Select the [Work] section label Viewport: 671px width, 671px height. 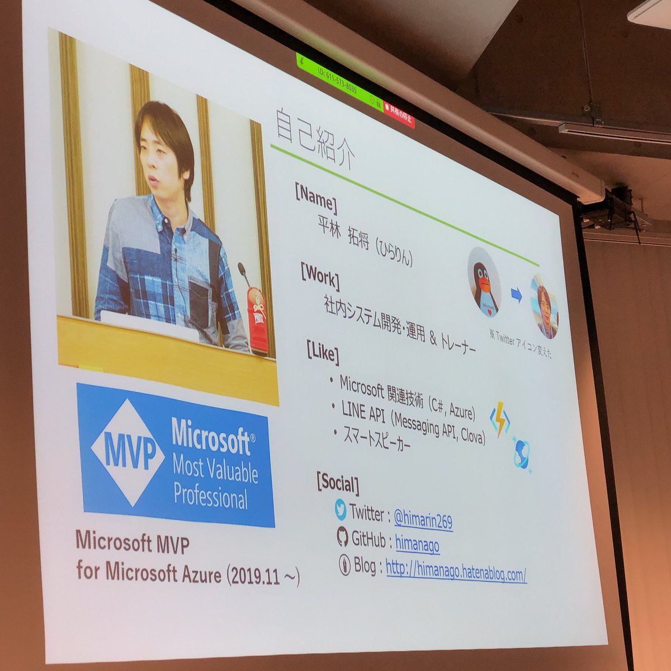[320, 276]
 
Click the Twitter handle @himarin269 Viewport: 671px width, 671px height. [423, 519]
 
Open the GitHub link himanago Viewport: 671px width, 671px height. [417, 543]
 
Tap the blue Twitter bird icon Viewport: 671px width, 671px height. [341, 509]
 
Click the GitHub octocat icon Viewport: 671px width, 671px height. [343, 537]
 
